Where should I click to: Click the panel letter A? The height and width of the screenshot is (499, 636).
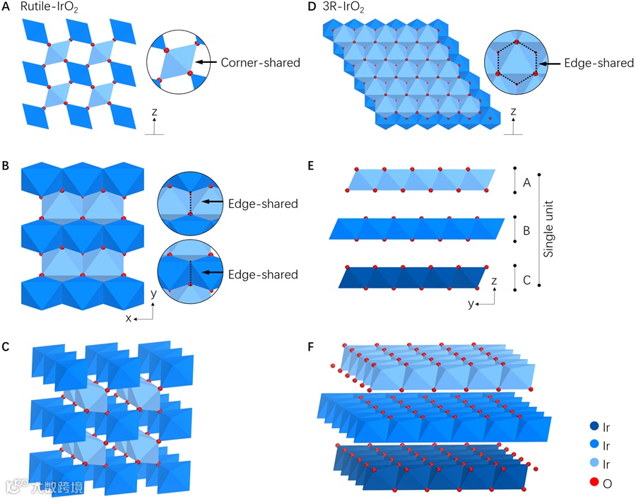click(x=6, y=8)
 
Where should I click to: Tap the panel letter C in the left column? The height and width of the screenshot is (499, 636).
click(x=6, y=346)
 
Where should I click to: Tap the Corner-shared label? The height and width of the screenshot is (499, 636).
click(x=260, y=63)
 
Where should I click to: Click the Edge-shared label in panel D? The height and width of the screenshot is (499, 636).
click(x=599, y=63)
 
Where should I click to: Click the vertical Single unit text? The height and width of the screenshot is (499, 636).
click(x=553, y=228)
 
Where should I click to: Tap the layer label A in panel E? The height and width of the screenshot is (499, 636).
click(x=526, y=182)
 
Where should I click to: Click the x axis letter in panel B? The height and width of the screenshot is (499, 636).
click(x=129, y=318)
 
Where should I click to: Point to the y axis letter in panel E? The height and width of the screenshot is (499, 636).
click(x=471, y=303)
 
